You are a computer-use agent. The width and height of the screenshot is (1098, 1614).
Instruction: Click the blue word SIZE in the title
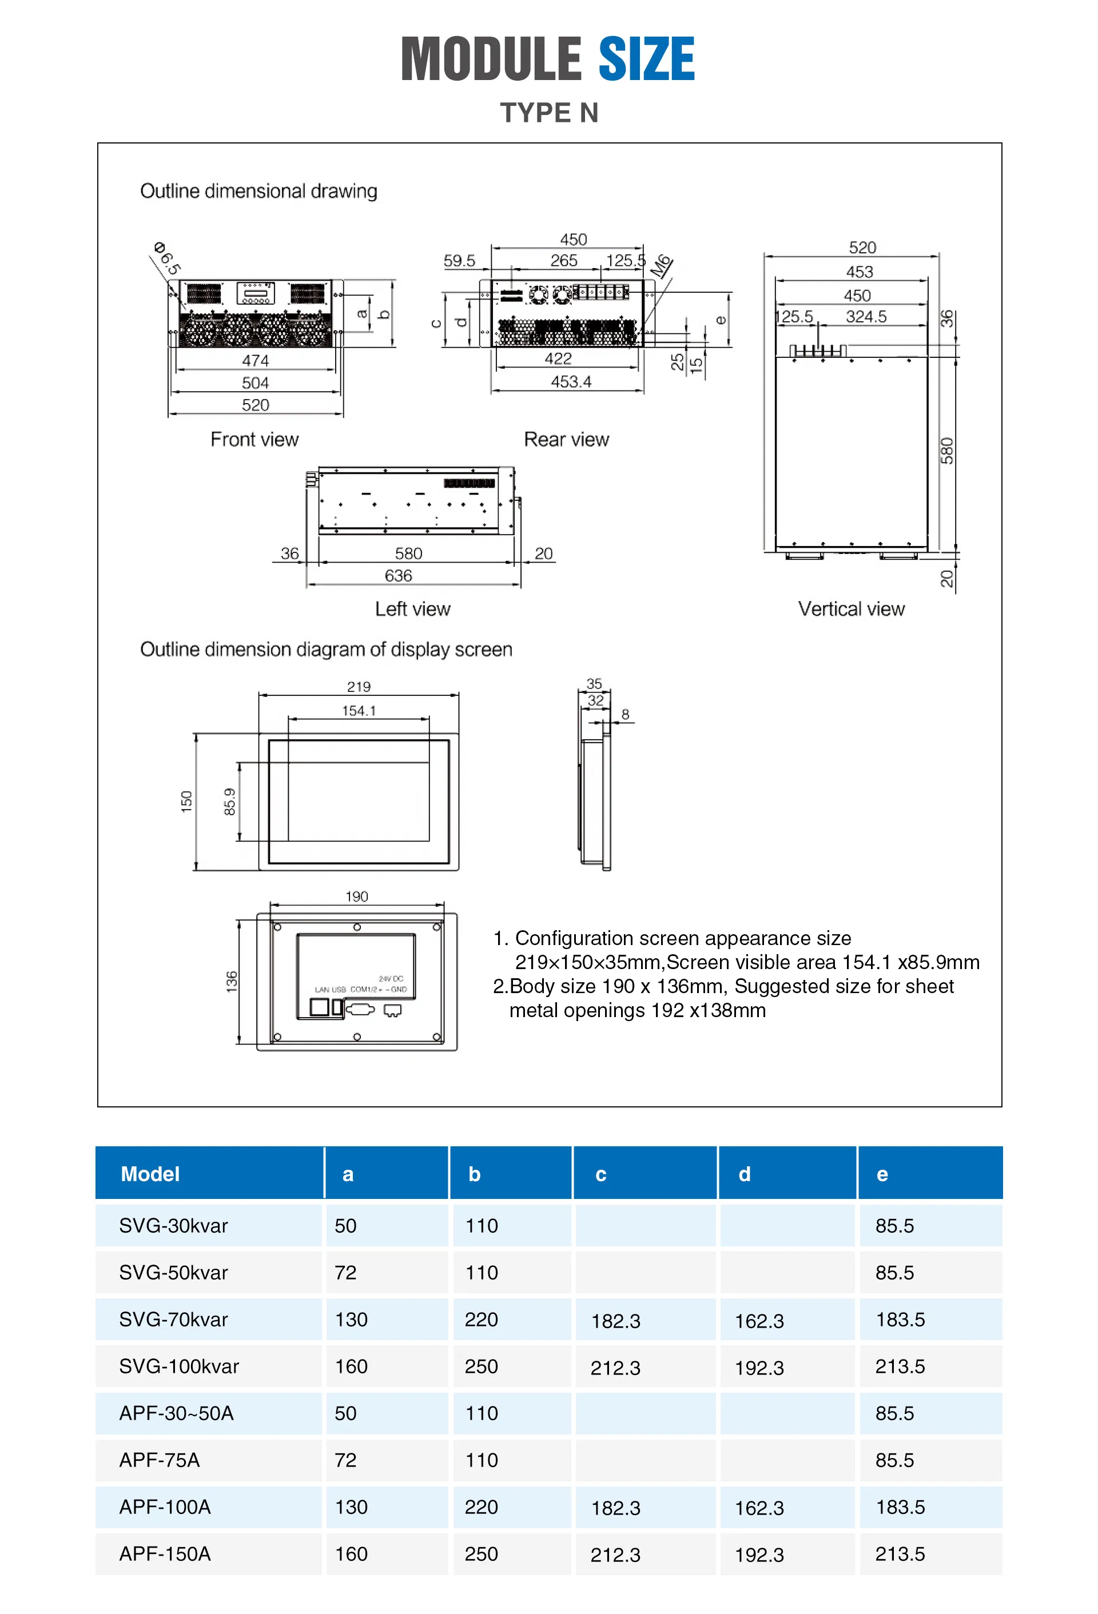pos(645,59)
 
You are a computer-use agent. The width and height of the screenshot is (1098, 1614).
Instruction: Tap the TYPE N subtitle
pos(548,113)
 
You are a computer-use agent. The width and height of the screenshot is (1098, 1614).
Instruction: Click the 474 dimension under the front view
pos(255,360)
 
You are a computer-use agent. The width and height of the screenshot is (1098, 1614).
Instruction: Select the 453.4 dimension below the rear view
pos(570,381)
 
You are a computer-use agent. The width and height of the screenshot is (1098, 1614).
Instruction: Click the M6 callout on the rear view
pos(661,266)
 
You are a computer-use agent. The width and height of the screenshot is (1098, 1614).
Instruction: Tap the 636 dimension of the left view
pos(398,576)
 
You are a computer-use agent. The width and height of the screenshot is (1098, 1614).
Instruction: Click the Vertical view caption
pos(851,609)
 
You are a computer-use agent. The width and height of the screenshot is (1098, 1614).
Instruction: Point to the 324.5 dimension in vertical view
pos(865,317)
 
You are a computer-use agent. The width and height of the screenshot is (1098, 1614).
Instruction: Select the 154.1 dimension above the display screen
pos(359,711)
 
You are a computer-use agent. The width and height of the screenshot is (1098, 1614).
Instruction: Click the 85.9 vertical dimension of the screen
pos(230,802)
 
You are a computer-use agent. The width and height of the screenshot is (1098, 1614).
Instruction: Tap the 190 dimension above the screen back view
pos(356,896)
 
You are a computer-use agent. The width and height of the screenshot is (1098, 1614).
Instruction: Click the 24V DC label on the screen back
pos(391,979)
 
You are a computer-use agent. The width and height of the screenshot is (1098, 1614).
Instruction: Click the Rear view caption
pos(566,440)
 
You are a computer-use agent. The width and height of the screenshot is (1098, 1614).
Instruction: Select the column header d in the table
pos(744,1174)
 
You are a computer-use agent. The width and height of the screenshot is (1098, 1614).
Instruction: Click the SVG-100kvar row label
pos(178,1366)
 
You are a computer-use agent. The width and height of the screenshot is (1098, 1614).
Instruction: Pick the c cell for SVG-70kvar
pos(615,1321)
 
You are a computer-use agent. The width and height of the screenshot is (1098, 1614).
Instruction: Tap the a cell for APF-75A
pos(345,1460)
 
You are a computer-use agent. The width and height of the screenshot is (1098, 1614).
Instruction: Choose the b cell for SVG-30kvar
pos(482,1226)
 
